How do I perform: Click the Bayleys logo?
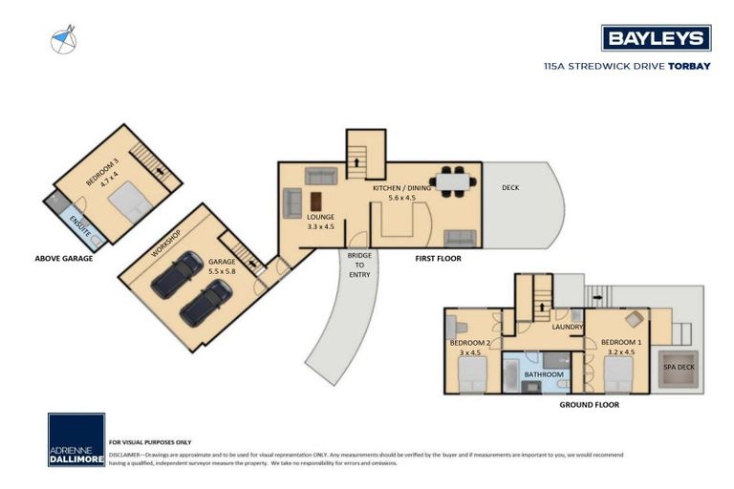pyautogui.click(x=656, y=38)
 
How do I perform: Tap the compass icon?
pyautogui.click(x=64, y=41)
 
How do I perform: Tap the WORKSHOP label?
pyautogui.click(x=168, y=243)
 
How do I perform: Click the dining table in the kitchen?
pyautogui.click(x=448, y=181)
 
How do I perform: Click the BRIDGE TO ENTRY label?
pyautogui.click(x=359, y=266)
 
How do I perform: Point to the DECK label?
pyautogui.click(x=511, y=187)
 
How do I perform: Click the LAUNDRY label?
pyautogui.click(x=568, y=327)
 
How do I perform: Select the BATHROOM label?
pyautogui.click(x=543, y=374)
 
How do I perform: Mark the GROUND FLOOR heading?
pyautogui.click(x=589, y=405)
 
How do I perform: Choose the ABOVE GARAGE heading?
pyautogui.click(x=63, y=258)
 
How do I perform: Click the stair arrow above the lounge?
pyautogui.click(x=357, y=161)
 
